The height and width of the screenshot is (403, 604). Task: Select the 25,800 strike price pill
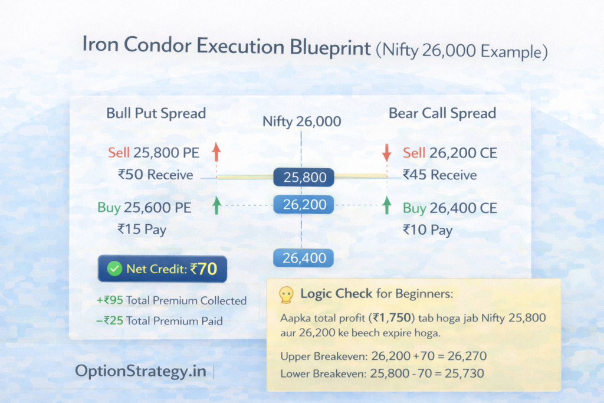[304, 176]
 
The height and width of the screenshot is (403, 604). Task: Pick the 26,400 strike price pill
[304, 258]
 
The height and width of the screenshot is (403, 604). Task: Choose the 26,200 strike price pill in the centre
[304, 205]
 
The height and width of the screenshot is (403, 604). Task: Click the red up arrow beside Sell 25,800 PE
[216, 152]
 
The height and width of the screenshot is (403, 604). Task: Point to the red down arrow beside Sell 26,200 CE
[387, 152]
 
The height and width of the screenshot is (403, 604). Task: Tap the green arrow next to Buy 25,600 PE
[216, 205]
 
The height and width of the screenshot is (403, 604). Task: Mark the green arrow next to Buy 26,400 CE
[387, 205]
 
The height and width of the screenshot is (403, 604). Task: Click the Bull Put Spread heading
[156, 113]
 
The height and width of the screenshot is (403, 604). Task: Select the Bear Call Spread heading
[442, 113]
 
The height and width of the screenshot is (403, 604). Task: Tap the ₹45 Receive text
[439, 175]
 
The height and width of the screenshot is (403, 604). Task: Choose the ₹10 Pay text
[428, 229]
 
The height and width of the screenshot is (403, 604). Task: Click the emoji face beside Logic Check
[285, 294]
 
